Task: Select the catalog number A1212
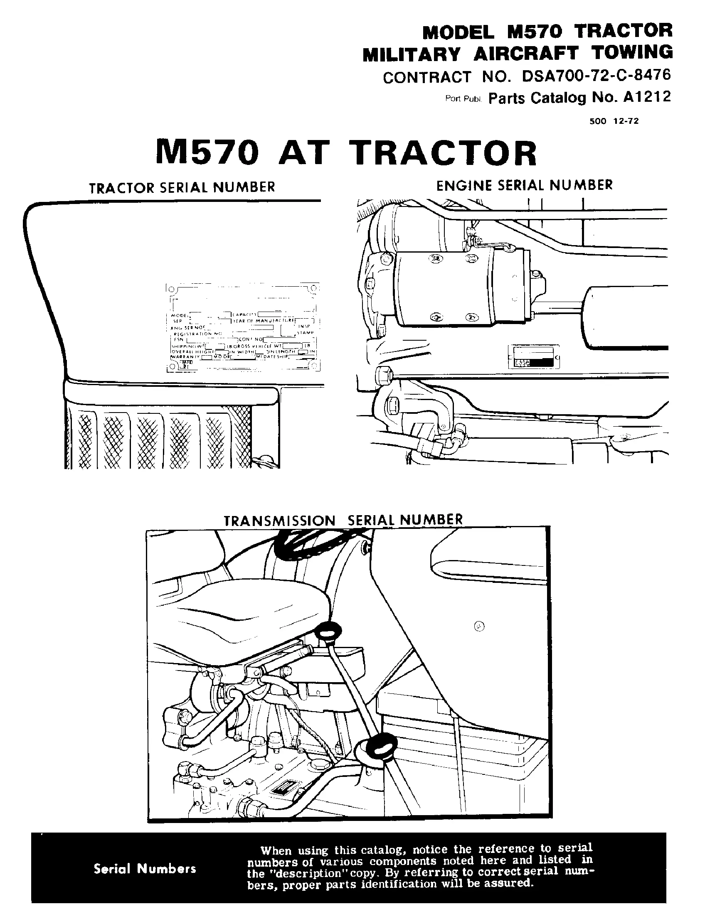point(647,97)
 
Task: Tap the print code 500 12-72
point(614,121)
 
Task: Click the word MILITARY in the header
point(411,54)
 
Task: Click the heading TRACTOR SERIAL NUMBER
point(182,187)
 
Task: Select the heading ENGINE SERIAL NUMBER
point(524,185)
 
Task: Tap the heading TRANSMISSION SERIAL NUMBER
point(343,520)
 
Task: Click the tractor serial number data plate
point(243,327)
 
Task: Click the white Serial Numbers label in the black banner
point(145,869)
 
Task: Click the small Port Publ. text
point(464,99)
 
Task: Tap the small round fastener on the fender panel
point(480,627)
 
